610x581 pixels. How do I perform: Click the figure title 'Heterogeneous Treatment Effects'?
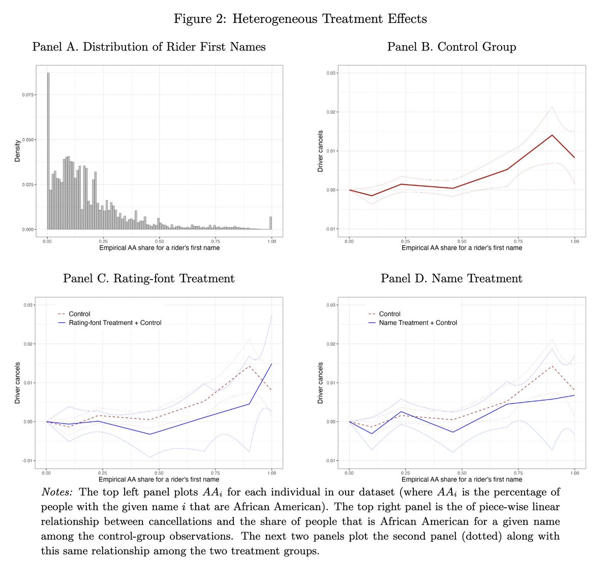[329, 19]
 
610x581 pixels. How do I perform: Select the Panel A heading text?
[149, 47]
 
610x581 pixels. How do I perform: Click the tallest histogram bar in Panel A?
[48, 152]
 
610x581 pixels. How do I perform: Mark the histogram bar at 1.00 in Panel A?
[270, 223]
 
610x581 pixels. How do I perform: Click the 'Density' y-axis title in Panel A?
[17, 151]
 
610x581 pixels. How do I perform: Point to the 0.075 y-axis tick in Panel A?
[28, 95]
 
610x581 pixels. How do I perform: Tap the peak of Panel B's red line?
[552, 135]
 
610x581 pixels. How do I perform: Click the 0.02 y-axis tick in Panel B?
[331, 112]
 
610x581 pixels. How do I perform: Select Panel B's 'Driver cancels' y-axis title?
[320, 151]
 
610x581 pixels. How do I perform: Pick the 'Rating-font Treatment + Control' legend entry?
[115, 323]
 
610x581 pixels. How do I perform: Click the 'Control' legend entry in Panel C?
[79, 314]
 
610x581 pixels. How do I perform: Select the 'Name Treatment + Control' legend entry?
[417, 323]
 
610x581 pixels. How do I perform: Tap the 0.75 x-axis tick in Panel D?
[518, 473]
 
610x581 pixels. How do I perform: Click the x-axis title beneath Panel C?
[159, 479]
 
